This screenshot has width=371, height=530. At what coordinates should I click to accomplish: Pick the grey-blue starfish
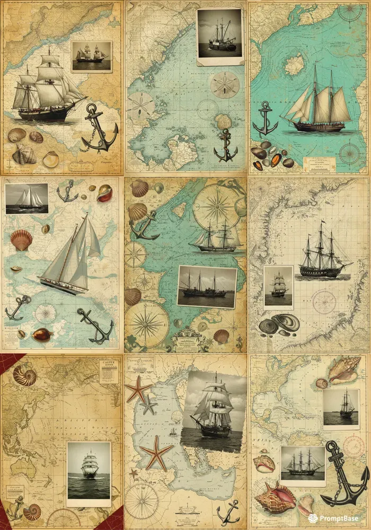148,405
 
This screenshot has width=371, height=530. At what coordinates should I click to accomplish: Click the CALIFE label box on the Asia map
109,371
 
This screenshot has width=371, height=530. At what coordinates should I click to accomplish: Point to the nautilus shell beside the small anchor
31,512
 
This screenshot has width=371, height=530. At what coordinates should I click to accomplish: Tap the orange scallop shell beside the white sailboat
21,240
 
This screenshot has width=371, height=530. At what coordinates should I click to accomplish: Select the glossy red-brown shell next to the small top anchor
105,193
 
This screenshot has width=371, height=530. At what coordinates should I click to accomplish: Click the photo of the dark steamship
207,286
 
